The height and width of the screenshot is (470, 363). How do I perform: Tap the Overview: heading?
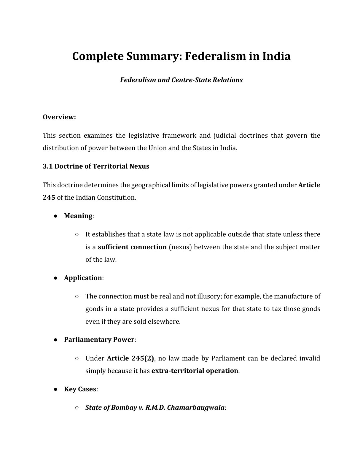tap(59, 117)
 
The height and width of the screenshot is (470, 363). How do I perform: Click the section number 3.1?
tap(47, 166)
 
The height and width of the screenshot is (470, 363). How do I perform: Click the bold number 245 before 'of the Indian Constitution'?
tap(49, 197)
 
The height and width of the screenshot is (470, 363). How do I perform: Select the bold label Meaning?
tap(78, 216)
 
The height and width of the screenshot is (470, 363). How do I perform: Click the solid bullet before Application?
tap(55, 278)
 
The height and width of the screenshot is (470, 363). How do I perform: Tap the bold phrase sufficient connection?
tap(132, 247)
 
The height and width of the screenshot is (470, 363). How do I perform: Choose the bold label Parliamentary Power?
tap(99, 339)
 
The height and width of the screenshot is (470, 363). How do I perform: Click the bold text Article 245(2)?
tap(130, 358)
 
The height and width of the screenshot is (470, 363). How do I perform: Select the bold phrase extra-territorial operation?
tap(195, 371)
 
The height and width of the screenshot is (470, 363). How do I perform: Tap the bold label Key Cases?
tap(80, 389)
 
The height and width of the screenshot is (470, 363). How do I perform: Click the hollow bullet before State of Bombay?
tap(77, 408)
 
